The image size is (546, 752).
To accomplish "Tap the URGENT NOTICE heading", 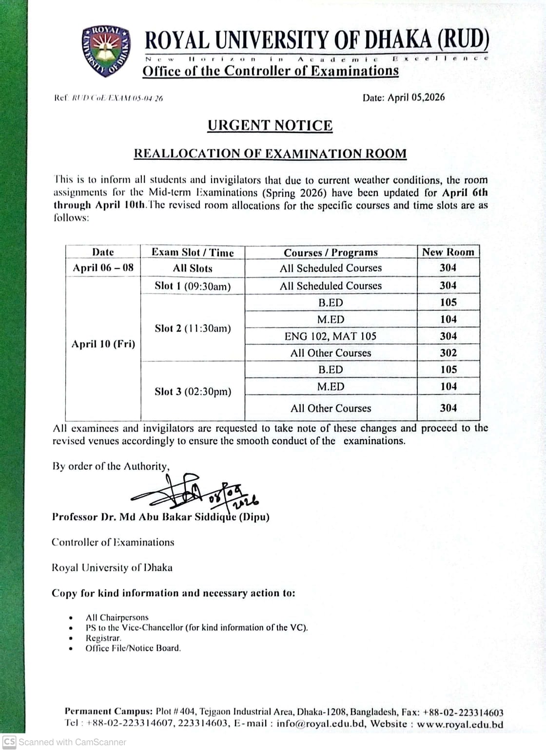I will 270,126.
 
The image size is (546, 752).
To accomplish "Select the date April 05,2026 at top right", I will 403,97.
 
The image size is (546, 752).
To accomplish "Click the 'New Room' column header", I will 448,252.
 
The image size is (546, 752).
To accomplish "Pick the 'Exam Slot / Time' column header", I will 193,252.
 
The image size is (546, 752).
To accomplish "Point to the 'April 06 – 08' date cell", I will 103,268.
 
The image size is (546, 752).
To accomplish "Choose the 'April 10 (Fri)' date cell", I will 103,344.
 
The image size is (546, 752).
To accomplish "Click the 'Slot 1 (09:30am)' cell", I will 193,286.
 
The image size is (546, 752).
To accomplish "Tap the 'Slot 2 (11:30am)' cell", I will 193,328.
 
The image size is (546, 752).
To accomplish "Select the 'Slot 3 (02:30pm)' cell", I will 193,392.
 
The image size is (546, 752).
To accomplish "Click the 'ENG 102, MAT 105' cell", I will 331,336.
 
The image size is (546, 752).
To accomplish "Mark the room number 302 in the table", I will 448,353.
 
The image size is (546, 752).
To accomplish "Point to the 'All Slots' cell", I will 193,268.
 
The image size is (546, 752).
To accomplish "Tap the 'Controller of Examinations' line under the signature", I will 113,542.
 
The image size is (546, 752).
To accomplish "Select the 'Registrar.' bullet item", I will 103,638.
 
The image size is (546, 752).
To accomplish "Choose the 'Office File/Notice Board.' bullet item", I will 133,648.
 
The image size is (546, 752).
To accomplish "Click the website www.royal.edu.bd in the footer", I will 460,724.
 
